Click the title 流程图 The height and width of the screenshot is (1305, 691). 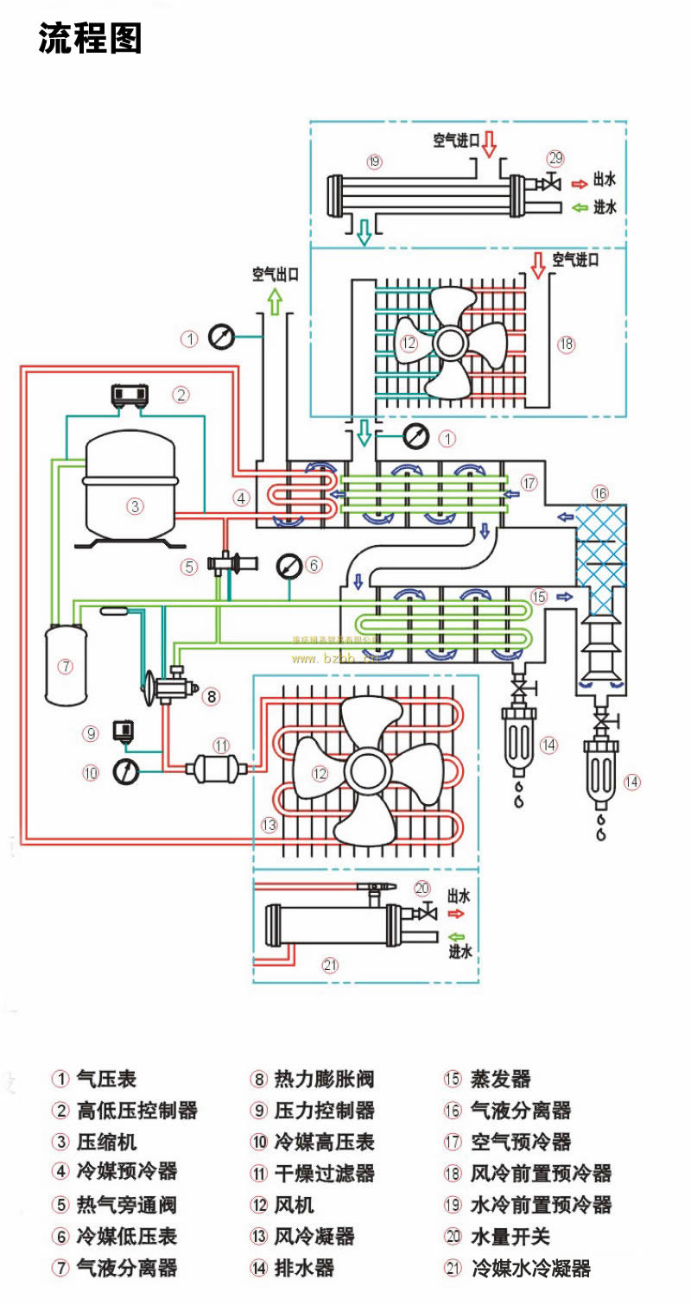(91, 39)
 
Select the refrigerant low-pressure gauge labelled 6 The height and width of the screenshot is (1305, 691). (288, 566)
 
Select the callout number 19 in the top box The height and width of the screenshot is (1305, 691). (373, 162)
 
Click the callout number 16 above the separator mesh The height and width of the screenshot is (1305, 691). (600, 492)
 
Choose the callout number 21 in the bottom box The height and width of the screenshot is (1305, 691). (330, 966)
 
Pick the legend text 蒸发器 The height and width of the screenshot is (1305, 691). (500, 1079)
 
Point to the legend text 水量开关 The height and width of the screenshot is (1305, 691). (510, 1236)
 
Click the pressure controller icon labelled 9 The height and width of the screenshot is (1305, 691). (122, 732)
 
